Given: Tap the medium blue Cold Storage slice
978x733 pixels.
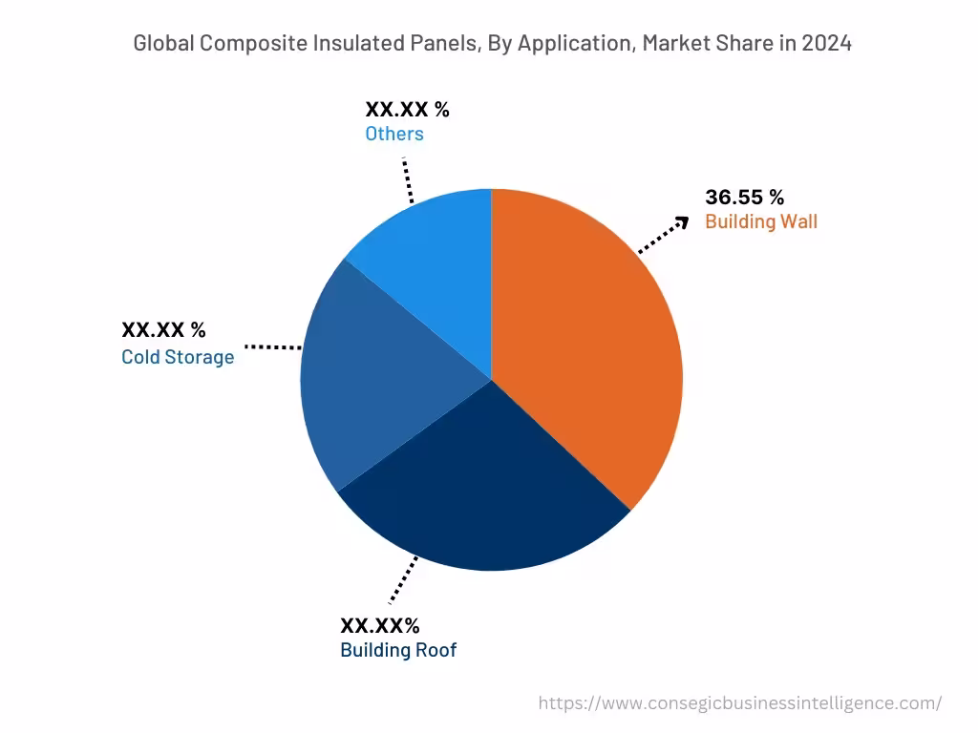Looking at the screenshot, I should coord(382,382).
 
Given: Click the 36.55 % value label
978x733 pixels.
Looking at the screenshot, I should coord(744,198).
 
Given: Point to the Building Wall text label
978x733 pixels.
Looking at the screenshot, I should coord(761,222).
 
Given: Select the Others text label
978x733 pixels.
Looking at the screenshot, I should coord(393,134).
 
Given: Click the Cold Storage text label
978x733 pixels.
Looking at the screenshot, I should coord(178,357).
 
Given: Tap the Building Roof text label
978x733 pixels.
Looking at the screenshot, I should coord(398,651).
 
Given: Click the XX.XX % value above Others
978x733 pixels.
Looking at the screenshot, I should coord(407,109).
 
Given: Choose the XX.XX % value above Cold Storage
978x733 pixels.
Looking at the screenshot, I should coord(163,330).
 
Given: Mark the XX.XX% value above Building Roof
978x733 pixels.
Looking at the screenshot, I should coord(379,626).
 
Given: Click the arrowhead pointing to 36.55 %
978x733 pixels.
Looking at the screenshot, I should coord(681,222).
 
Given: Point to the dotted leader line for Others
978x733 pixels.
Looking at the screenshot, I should coord(408,179).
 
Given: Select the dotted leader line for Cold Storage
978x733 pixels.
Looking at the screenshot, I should coord(273,347).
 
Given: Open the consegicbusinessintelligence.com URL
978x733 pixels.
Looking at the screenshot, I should coord(739,702).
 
